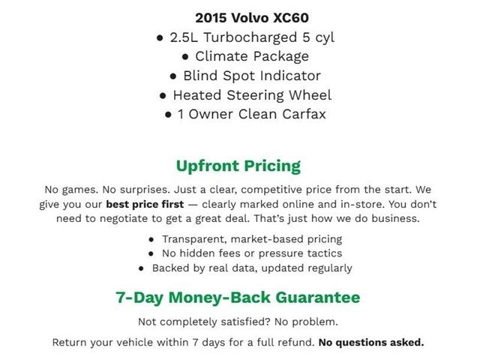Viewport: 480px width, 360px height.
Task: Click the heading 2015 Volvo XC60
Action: (241, 17)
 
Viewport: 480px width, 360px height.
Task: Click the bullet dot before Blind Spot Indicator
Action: (172, 76)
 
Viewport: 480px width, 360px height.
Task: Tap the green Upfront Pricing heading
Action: (238, 166)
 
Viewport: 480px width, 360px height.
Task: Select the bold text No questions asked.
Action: (371, 343)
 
